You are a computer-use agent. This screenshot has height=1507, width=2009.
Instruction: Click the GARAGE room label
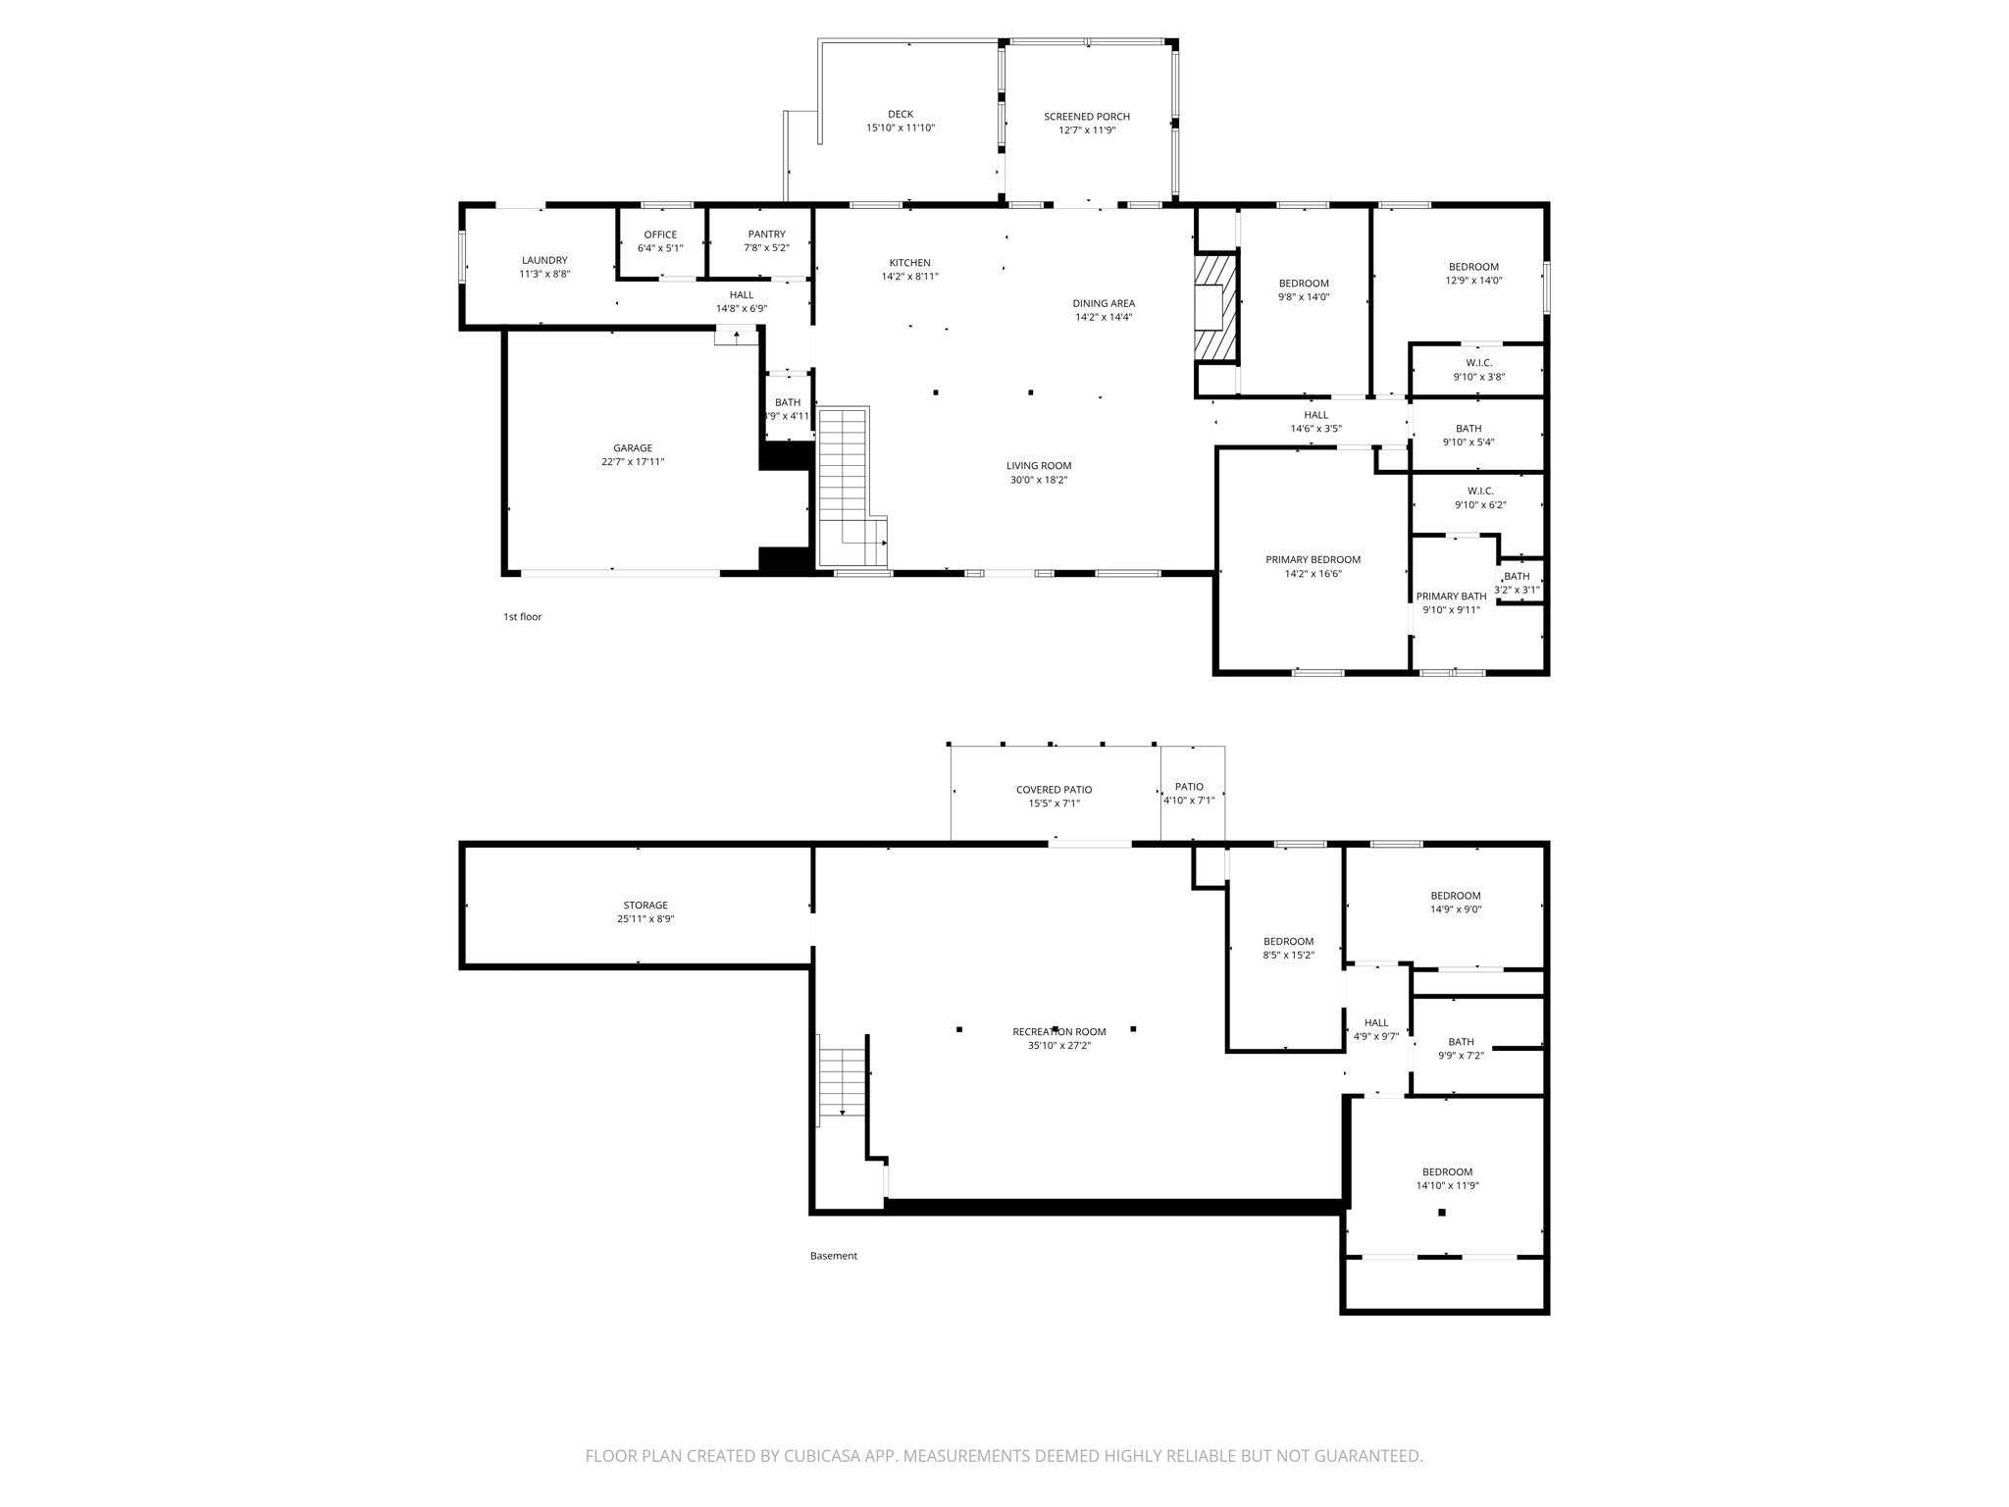pos(633,448)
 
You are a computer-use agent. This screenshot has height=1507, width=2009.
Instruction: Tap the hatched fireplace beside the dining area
pos(1216,310)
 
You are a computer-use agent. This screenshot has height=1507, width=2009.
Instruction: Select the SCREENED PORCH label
pos(1087,117)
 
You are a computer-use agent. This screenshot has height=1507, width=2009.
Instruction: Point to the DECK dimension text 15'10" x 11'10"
pos(901,129)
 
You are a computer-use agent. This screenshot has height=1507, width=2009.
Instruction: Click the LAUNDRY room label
pos(544,261)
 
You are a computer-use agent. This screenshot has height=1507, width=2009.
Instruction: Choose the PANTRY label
pos(766,234)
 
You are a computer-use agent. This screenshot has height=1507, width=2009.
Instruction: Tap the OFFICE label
pos(660,234)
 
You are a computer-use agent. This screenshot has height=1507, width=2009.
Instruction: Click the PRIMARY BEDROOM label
pos(1313,560)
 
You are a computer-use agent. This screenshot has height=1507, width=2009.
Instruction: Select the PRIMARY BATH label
pos(1451,597)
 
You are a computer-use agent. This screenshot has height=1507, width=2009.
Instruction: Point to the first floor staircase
pos(851,488)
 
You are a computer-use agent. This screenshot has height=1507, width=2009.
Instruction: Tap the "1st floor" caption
pos(523,617)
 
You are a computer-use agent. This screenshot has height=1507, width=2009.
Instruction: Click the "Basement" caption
pos(834,1256)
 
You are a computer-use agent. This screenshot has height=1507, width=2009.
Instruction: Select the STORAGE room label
pos(645,906)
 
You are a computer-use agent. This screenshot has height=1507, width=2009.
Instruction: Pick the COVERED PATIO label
pos(1054,790)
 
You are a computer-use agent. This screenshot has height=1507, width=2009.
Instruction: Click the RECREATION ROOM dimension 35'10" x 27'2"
pos(1059,1046)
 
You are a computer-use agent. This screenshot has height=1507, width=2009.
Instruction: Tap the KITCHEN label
pos(909,263)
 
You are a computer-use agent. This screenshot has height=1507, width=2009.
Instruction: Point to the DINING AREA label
pos(1104,304)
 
